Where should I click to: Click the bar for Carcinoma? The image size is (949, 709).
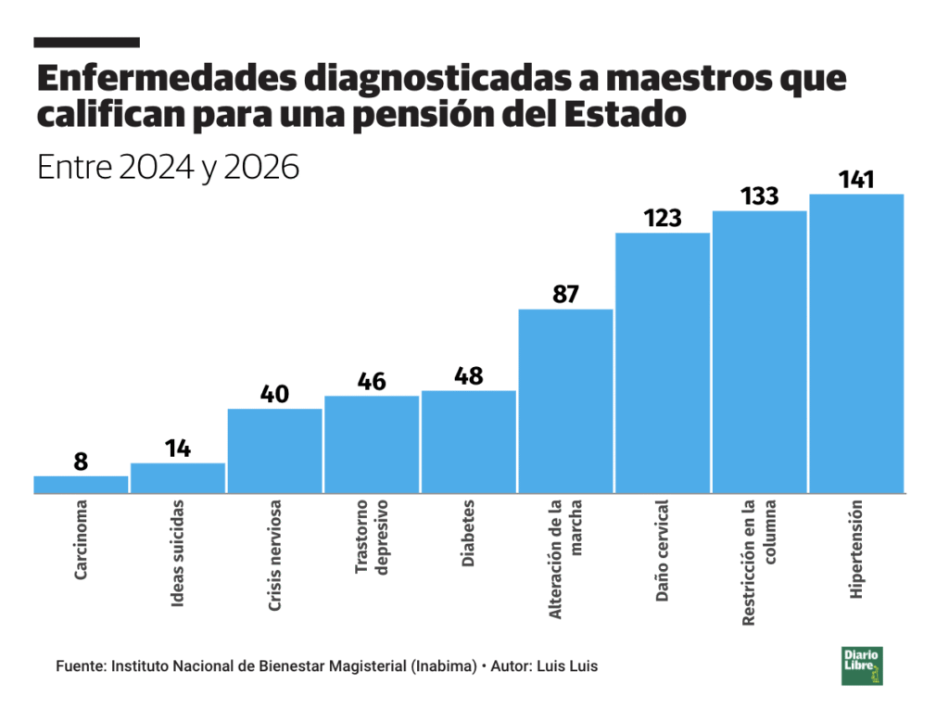pyautogui.click(x=81, y=485)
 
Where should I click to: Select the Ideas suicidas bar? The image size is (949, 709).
pyautogui.click(x=178, y=478)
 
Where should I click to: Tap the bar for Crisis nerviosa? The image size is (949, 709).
pyautogui.click(x=274, y=451)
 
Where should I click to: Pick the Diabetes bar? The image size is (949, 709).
pyautogui.click(x=468, y=442)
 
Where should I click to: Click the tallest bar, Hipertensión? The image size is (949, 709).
pyautogui.click(x=855, y=344)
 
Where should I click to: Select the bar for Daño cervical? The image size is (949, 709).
pyautogui.click(x=662, y=363)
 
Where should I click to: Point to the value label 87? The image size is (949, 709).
pyautogui.click(x=565, y=295)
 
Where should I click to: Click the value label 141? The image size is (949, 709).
pyautogui.click(x=855, y=180)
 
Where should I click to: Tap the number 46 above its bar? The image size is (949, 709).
pyautogui.click(x=372, y=382)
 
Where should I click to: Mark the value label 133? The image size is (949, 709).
pyautogui.click(x=759, y=196)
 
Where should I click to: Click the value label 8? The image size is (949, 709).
pyautogui.click(x=81, y=462)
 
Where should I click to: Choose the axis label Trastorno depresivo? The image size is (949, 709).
pyautogui.click(x=372, y=550)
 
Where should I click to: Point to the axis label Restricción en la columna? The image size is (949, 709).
pyautogui.click(x=759, y=563)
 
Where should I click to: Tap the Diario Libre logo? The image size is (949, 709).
pyautogui.click(x=862, y=665)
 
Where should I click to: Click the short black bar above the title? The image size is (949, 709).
pyautogui.click(x=86, y=43)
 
